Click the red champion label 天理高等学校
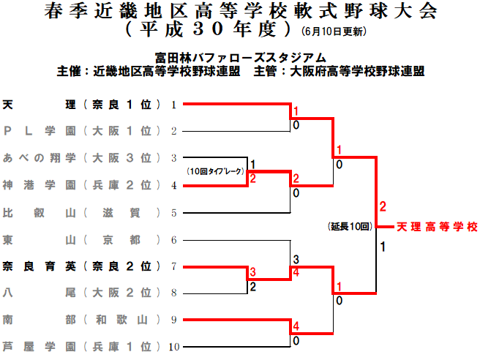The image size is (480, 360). [x=437, y=228]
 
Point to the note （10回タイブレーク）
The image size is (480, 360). [x=215, y=171]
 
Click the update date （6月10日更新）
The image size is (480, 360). [x=334, y=33]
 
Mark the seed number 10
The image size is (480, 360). [x=174, y=347]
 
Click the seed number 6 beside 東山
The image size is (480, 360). [x=174, y=240]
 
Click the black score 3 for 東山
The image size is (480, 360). [x=296, y=260]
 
